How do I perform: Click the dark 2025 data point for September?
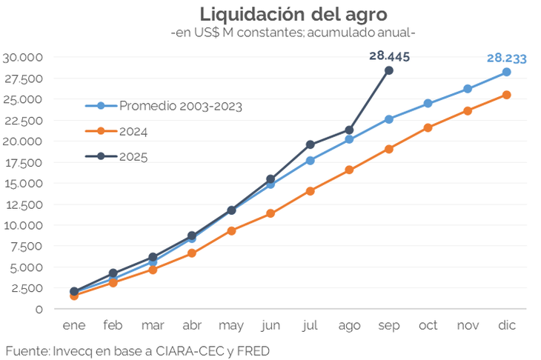click(388, 70)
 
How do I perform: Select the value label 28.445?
click(388, 56)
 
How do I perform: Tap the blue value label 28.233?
click(506, 58)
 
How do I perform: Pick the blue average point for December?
click(506, 72)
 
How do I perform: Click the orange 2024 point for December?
click(506, 95)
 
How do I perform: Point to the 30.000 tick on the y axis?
click(24, 57)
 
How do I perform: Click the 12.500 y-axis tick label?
click(24, 204)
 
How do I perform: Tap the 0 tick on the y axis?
click(39, 309)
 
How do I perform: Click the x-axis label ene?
click(74, 325)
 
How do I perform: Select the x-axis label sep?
click(388, 325)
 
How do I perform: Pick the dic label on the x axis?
click(506, 325)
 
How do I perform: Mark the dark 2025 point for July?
click(310, 144)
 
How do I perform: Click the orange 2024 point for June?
click(270, 213)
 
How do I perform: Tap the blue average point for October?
click(428, 104)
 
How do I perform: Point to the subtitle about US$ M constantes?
click(292, 33)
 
